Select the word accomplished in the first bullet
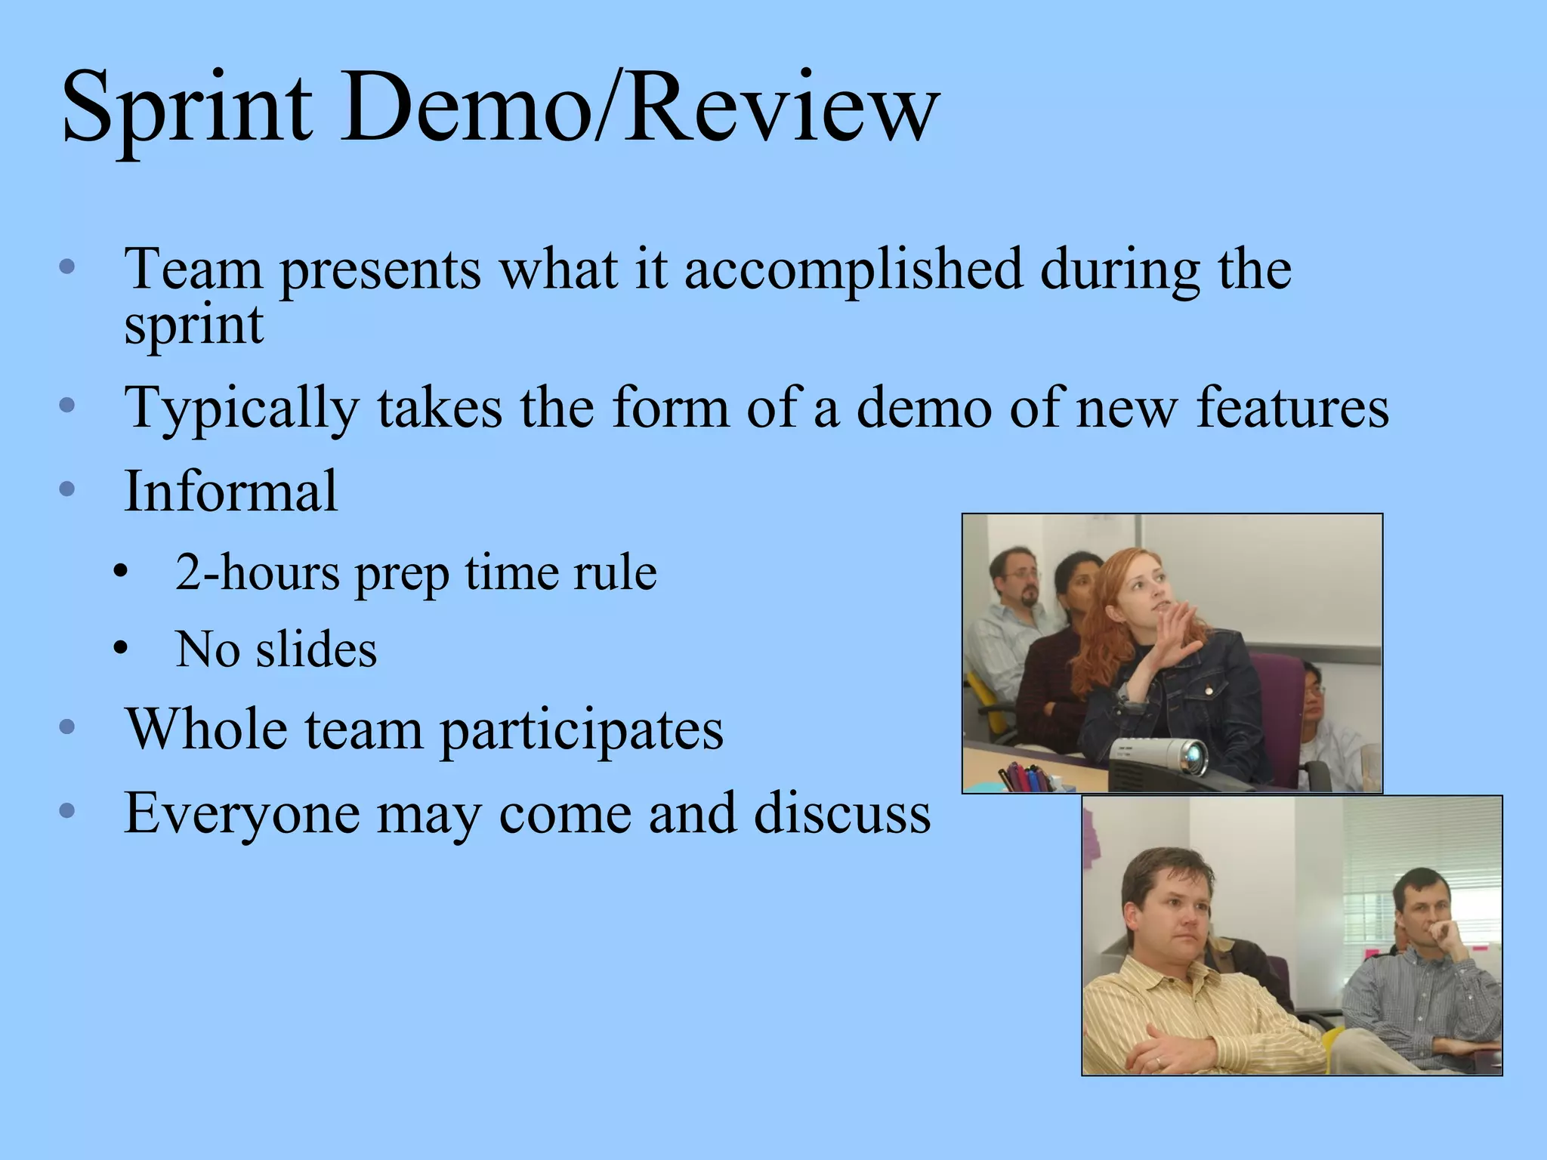coord(853,270)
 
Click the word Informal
coord(231,492)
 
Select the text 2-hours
coord(258,573)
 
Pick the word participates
coord(582,731)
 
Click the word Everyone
coord(242,814)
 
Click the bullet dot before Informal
coord(67,489)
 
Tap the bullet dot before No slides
coord(120,649)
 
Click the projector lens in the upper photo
coord(1194,754)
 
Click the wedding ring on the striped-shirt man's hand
coord(1158,1062)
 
